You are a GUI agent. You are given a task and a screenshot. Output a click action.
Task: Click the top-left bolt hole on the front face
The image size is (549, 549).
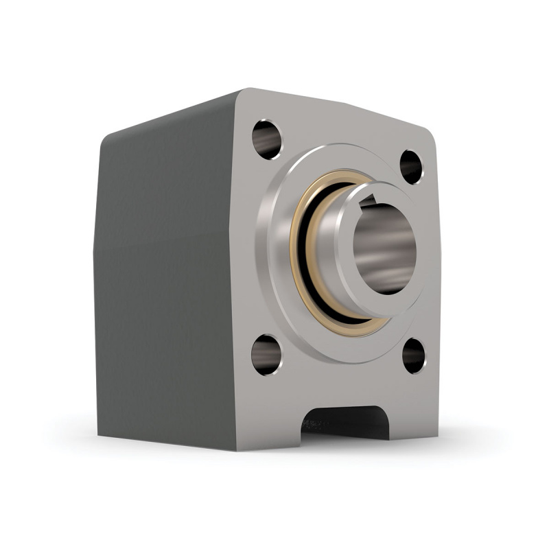pyautogui.click(x=267, y=135)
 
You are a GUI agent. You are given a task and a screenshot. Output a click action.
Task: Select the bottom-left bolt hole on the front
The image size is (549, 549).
pyautogui.click(x=266, y=354)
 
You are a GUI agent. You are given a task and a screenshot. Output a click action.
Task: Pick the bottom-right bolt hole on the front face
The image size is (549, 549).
pyautogui.click(x=413, y=355)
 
